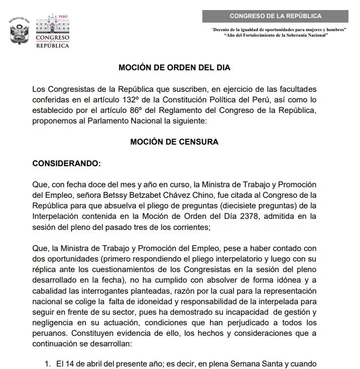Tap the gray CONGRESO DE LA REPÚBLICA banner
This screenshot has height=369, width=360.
[275, 16]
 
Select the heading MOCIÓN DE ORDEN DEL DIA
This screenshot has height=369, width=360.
[174, 67]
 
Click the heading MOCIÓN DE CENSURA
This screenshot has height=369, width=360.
[174, 142]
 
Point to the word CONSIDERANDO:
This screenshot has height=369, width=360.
[66, 164]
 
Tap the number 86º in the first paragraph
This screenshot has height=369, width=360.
[157, 110]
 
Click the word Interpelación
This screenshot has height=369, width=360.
[54, 216]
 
